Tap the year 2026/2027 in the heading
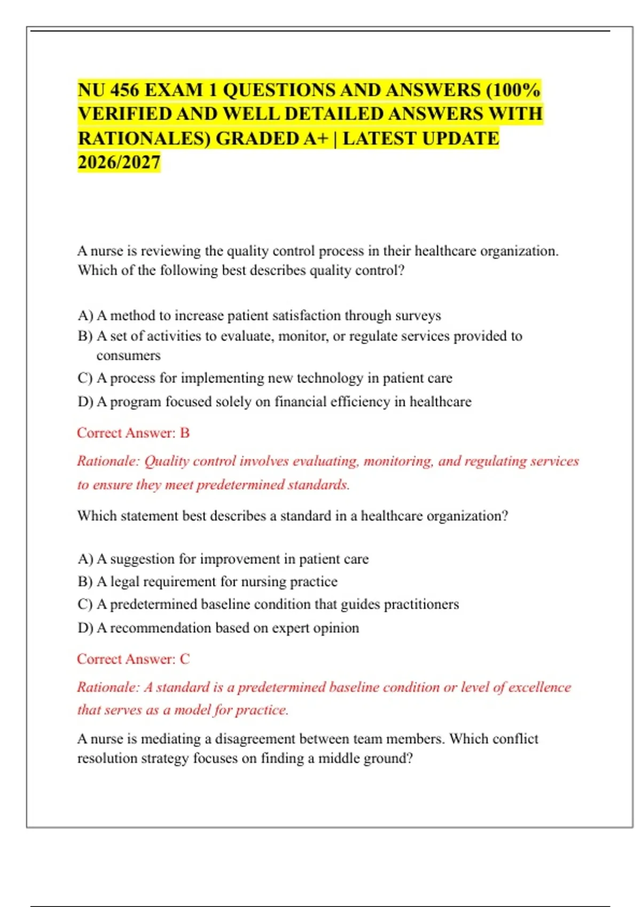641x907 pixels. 119,162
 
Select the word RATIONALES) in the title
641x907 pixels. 144,139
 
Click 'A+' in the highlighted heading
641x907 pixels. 315,139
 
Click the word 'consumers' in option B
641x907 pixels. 128,356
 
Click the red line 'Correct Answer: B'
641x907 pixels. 133,433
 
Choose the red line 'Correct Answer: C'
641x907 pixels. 133,659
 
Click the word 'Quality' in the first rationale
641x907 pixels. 167,461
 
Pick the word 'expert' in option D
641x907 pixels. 291,628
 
